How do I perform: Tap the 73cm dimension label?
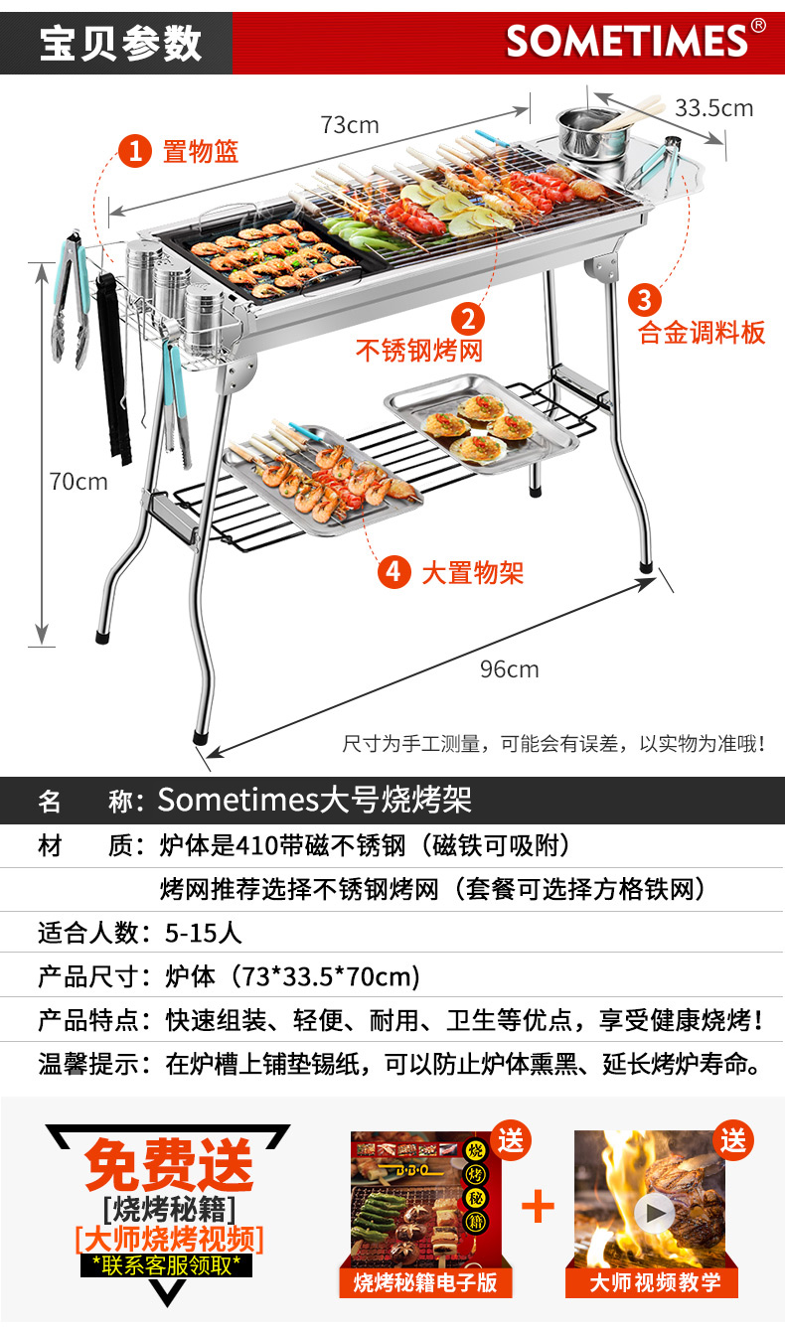[349, 125]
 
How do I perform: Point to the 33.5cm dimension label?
[713, 108]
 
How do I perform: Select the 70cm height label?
[78, 482]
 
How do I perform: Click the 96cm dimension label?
[509, 668]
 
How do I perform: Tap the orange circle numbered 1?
[134, 152]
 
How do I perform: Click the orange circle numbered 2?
[468, 318]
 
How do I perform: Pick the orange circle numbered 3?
[644, 298]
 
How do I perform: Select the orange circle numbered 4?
[393, 571]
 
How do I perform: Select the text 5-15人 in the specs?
[203, 933]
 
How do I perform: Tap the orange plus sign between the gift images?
[538, 1206]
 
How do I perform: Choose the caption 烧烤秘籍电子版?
[425, 1282]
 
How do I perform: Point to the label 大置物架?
[472, 572]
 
